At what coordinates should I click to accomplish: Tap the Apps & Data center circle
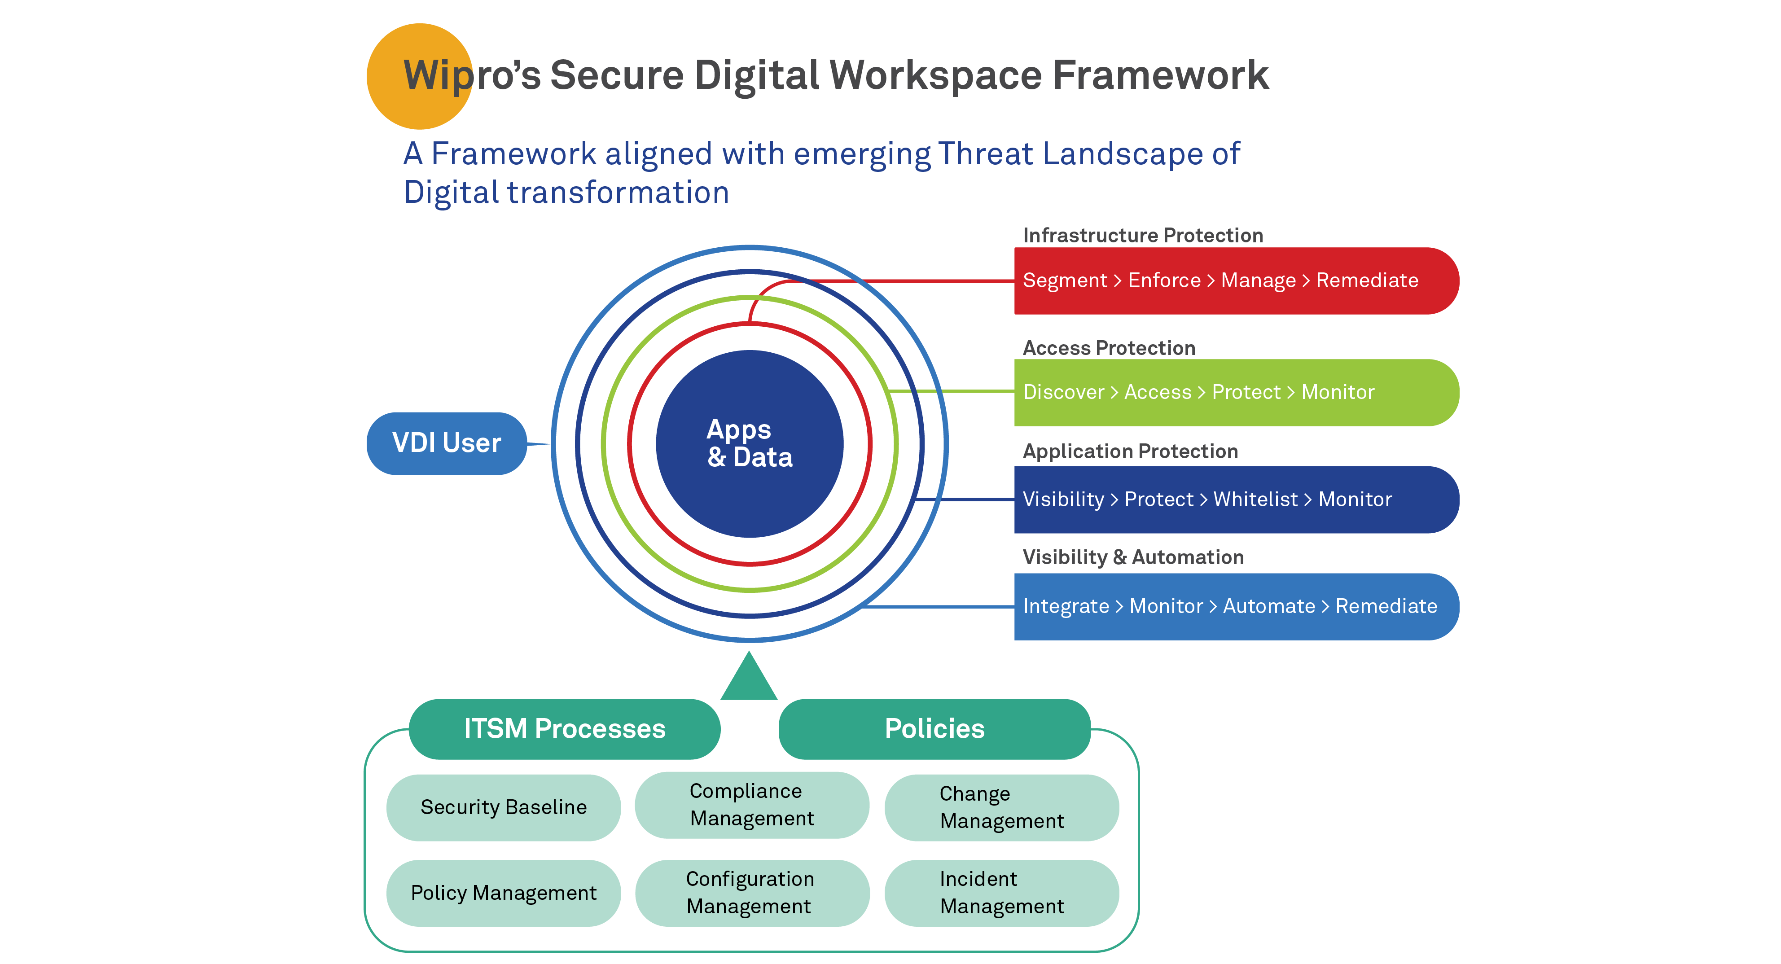pos(750,443)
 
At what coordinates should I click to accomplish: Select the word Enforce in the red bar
pos(1164,280)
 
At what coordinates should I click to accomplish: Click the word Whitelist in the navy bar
pos(1255,500)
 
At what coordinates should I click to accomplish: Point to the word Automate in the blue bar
pos(1269,606)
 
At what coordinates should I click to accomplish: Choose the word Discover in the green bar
pos(1063,392)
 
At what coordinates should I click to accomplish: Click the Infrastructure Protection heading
pos(1142,235)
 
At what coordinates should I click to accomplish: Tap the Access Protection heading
pos(1108,348)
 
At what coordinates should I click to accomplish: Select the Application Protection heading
pos(1130,451)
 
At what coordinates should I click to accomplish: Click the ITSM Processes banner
pos(564,729)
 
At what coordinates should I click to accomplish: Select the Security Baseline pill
pos(503,807)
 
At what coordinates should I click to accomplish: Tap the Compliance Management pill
pos(751,805)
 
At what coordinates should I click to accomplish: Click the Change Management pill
pos(1001,807)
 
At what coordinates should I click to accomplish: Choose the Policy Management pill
pos(503,893)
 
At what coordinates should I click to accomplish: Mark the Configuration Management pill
pos(751,893)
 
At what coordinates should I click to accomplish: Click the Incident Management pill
pos(1001,893)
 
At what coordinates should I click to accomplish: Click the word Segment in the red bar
pos(1065,280)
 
